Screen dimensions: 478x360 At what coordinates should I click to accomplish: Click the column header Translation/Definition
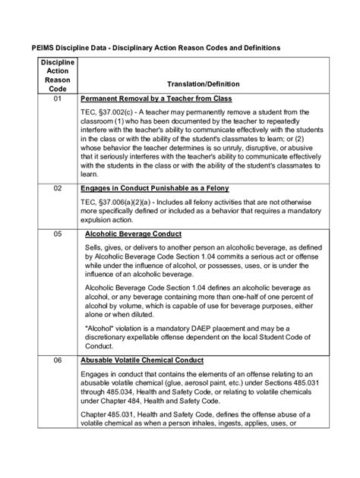(201, 84)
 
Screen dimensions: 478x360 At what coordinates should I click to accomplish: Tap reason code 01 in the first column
(52, 100)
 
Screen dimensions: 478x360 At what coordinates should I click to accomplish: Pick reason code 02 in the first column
(52, 188)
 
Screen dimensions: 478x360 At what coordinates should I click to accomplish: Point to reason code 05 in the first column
(52, 235)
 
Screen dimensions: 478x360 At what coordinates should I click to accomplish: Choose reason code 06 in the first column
(52, 360)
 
